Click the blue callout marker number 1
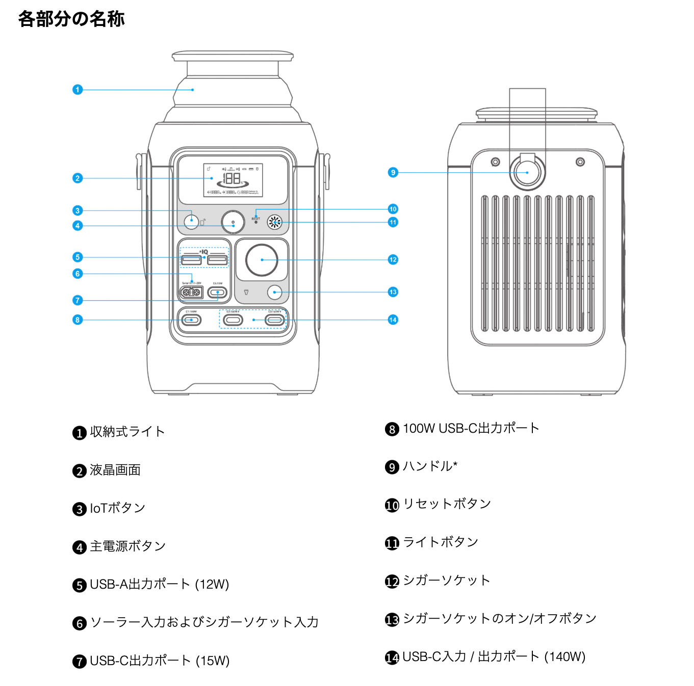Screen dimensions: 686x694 click(x=78, y=90)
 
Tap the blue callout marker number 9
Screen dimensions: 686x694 click(x=393, y=172)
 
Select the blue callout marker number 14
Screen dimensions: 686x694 click(x=393, y=320)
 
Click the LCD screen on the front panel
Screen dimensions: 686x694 click(x=233, y=179)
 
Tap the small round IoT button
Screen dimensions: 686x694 click(x=191, y=221)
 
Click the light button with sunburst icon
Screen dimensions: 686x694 click(x=274, y=222)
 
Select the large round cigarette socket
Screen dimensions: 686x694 click(x=262, y=260)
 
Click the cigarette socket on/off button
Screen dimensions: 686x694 click(x=274, y=292)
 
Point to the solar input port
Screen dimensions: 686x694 click(x=191, y=293)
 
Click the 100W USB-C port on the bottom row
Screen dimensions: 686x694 click(x=192, y=320)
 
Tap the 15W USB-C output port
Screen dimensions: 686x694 click(x=217, y=293)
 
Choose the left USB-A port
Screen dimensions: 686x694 click(x=191, y=260)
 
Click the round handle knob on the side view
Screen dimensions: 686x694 click(x=527, y=173)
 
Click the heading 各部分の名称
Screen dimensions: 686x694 click(x=71, y=19)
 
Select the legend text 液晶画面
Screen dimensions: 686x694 click(x=115, y=470)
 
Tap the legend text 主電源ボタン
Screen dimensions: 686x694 click(x=128, y=546)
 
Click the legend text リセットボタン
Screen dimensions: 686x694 click(x=447, y=504)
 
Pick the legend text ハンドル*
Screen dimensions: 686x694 click(x=430, y=466)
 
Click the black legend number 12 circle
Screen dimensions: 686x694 click(x=392, y=582)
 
